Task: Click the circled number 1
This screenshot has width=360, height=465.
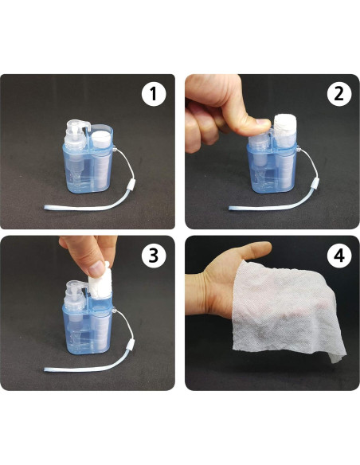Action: coord(153,94)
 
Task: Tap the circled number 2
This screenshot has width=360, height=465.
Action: coord(339,94)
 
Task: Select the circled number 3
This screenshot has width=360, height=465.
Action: coord(153,256)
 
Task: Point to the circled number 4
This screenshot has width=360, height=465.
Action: coord(339,256)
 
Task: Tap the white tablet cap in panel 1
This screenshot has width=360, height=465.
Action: coord(101,139)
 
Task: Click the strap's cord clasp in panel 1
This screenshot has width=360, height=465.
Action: coord(131,186)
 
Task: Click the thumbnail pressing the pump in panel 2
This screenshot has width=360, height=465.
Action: coord(263,122)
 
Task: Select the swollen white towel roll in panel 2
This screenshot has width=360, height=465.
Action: coord(284,127)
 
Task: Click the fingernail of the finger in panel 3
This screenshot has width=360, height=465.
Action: coord(97,269)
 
